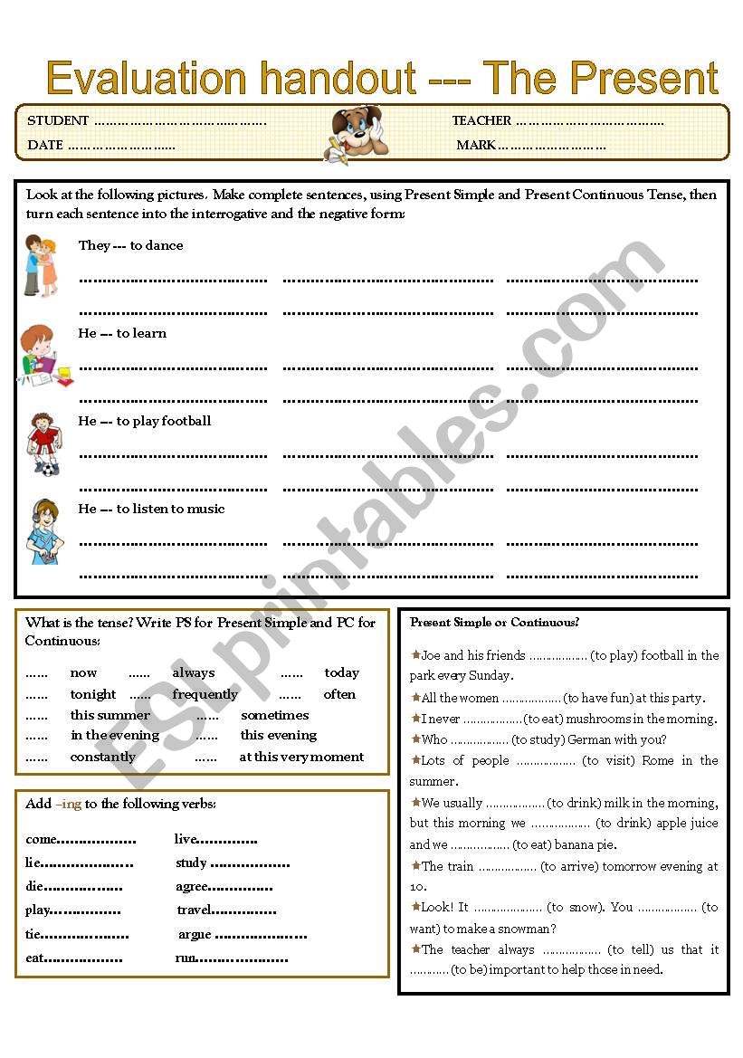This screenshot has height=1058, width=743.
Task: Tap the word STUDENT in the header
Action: pos(58,120)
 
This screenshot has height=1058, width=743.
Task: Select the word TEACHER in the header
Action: pos(481,120)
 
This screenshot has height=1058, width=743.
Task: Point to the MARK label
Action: pos(476,145)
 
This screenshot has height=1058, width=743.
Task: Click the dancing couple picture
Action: pos(40,265)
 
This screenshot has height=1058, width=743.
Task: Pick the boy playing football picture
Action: pos(43,443)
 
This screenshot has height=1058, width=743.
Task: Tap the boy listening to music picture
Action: pos(43,531)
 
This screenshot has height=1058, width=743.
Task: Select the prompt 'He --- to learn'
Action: pos(122,333)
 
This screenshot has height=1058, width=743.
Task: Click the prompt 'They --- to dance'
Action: pos(130,245)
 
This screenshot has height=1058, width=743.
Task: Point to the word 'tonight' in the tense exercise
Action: pos(93,694)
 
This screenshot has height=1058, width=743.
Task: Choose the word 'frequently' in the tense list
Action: pos(205,694)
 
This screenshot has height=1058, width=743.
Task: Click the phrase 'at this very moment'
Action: pos(301,757)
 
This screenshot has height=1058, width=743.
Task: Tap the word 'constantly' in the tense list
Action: pos(103,757)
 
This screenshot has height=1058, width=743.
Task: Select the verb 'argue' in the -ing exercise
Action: pos(195,934)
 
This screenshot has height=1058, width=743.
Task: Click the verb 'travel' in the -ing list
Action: pos(194,910)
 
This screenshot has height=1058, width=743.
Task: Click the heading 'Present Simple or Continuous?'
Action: pos(494,623)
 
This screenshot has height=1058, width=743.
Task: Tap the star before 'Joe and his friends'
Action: pos(415,654)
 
